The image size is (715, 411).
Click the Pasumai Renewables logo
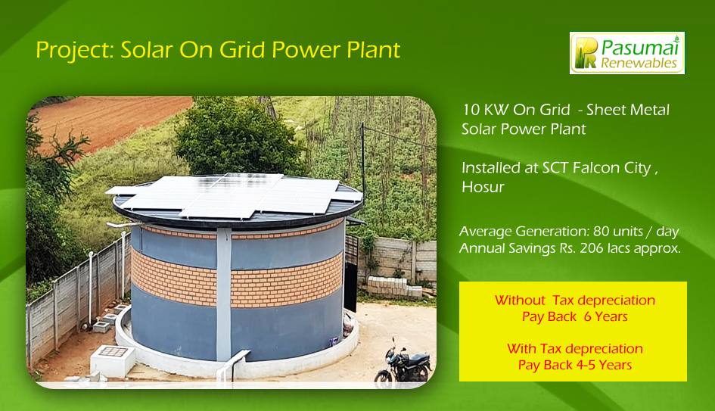[627, 53]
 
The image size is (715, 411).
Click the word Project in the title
[75, 50]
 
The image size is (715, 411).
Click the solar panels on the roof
[235, 195]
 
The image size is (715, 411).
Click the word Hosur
[483, 187]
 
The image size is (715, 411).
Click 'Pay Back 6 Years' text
[574, 316]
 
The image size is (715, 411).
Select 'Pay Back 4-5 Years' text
[574, 365]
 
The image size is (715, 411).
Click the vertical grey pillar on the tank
[223, 294]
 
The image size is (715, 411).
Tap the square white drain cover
[113, 360]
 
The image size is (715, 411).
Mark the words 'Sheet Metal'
[628, 110]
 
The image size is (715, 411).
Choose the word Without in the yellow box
[520, 300]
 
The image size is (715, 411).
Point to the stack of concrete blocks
[394, 287]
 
